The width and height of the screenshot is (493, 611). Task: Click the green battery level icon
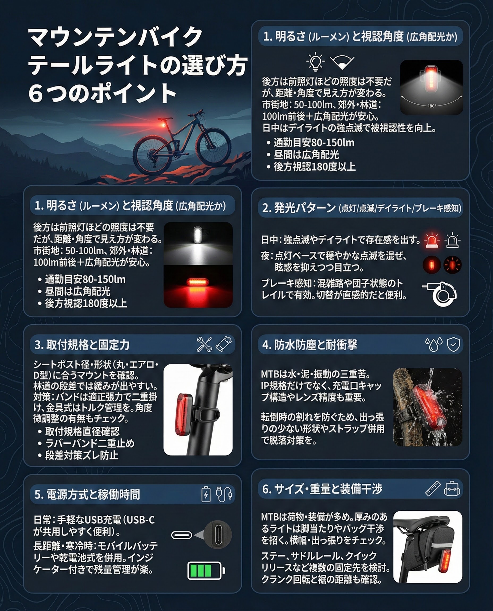tap(206, 570)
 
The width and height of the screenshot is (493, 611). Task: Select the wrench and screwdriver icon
tap(205, 344)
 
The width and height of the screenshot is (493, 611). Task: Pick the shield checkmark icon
tap(453, 344)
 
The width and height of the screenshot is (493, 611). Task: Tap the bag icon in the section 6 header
tap(452, 488)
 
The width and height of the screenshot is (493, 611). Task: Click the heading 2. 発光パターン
tap(299, 208)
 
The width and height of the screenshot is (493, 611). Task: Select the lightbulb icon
tap(316, 62)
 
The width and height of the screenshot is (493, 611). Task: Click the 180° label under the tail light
tap(432, 106)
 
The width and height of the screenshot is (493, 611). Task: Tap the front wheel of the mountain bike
tap(214, 147)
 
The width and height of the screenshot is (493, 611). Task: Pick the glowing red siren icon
tap(432, 240)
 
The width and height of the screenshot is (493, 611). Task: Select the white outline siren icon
tap(453, 240)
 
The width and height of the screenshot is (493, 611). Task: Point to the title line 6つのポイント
tap(102, 93)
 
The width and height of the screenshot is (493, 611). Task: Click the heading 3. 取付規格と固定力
tap(82, 345)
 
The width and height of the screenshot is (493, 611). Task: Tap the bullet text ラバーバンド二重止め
tap(90, 443)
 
